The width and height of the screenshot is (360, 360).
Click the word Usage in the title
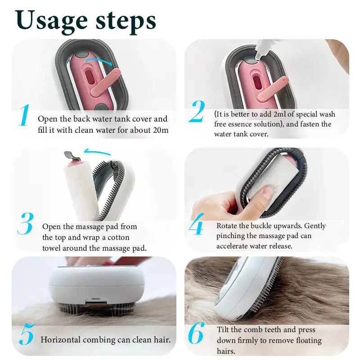click(51, 22)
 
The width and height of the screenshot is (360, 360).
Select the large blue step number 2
click(197, 112)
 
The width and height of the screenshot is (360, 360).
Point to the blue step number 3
click(26, 224)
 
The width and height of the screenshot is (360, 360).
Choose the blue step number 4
click(197, 224)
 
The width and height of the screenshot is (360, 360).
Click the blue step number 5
click(27, 334)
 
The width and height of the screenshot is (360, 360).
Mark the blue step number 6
click(196, 333)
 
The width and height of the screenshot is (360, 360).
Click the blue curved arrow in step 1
click(99, 59)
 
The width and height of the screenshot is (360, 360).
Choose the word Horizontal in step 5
click(61, 340)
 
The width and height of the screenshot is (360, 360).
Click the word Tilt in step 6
click(223, 329)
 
